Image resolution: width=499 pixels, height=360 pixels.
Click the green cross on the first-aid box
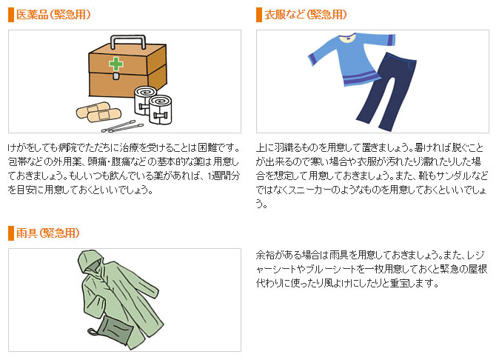pos(115,64)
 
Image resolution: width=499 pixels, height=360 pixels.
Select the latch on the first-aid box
pos(116,76)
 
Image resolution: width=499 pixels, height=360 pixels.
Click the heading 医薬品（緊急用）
pos(53,15)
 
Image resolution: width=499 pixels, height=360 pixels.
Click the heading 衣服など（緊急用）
pos(306,15)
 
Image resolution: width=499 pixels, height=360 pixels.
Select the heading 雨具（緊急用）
pos(47,233)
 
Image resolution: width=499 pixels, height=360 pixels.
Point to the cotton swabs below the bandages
pos(122,127)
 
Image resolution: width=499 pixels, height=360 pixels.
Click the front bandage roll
pos(161,110)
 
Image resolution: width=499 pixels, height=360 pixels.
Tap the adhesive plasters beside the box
pos(98,111)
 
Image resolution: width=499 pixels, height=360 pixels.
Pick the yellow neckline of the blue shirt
pos(348,38)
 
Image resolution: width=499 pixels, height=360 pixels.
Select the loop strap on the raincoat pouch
pos(93,331)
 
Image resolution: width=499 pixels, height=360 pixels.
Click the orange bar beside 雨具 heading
pos(11,233)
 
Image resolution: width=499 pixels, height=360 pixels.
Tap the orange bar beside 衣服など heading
pos(259,15)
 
